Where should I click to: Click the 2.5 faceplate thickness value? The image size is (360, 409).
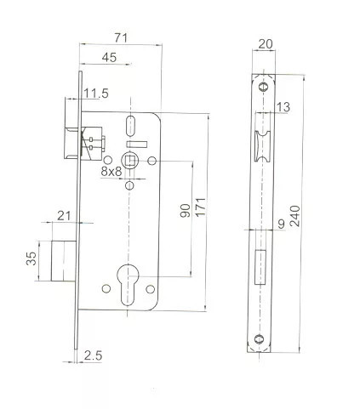pos(94,356)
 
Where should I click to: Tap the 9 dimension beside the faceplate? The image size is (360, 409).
pos(281,225)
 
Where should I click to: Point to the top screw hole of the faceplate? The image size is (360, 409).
pos(263,86)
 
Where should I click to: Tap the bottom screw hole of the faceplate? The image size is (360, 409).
pos(263,340)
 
